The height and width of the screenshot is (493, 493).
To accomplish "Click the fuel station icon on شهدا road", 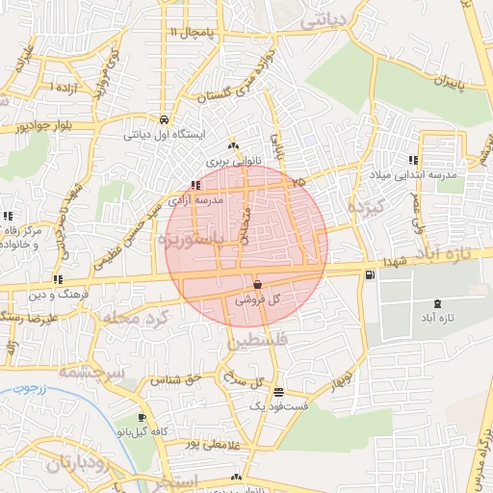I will pyautogui.click(x=370, y=276).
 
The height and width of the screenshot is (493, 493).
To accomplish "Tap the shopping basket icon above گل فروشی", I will pyautogui.click(x=258, y=285).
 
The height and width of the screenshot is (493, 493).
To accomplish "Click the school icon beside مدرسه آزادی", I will pyautogui.click(x=195, y=185).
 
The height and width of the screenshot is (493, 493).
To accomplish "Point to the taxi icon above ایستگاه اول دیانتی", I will pyautogui.click(x=166, y=120).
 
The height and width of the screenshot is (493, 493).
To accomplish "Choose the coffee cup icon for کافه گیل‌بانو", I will pyautogui.click(x=143, y=417).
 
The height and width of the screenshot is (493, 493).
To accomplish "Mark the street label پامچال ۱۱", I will pyautogui.click(x=194, y=33).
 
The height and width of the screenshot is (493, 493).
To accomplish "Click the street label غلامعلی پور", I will pyautogui.click(x=193, y=445).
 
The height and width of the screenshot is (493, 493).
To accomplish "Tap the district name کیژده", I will pyautogui.click(x=367, y=208).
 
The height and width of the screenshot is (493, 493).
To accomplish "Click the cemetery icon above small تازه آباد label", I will pyautogui.click(x=438, y=304).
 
